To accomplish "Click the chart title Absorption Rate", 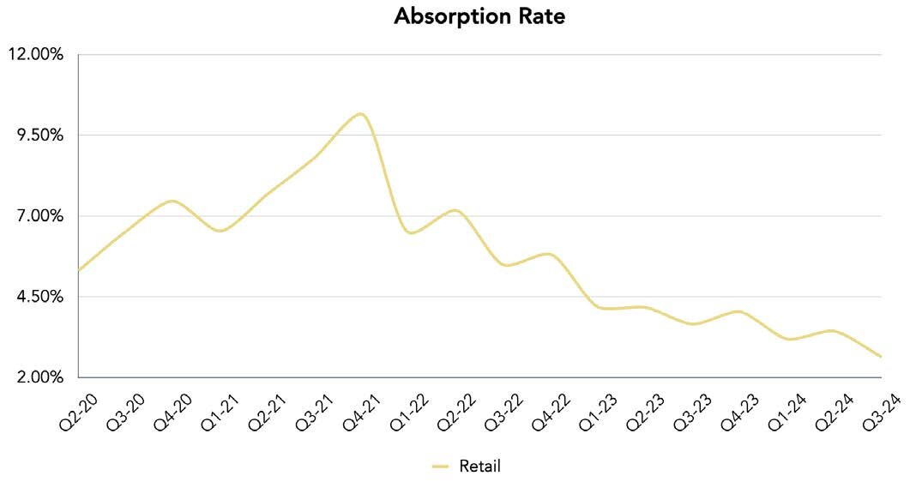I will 479,16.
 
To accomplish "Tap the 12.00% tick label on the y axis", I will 35,55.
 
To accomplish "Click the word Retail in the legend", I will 479,467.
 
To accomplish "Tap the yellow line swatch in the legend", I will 441,467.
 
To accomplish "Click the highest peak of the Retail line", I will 361,114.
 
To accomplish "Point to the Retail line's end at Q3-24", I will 881,357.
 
